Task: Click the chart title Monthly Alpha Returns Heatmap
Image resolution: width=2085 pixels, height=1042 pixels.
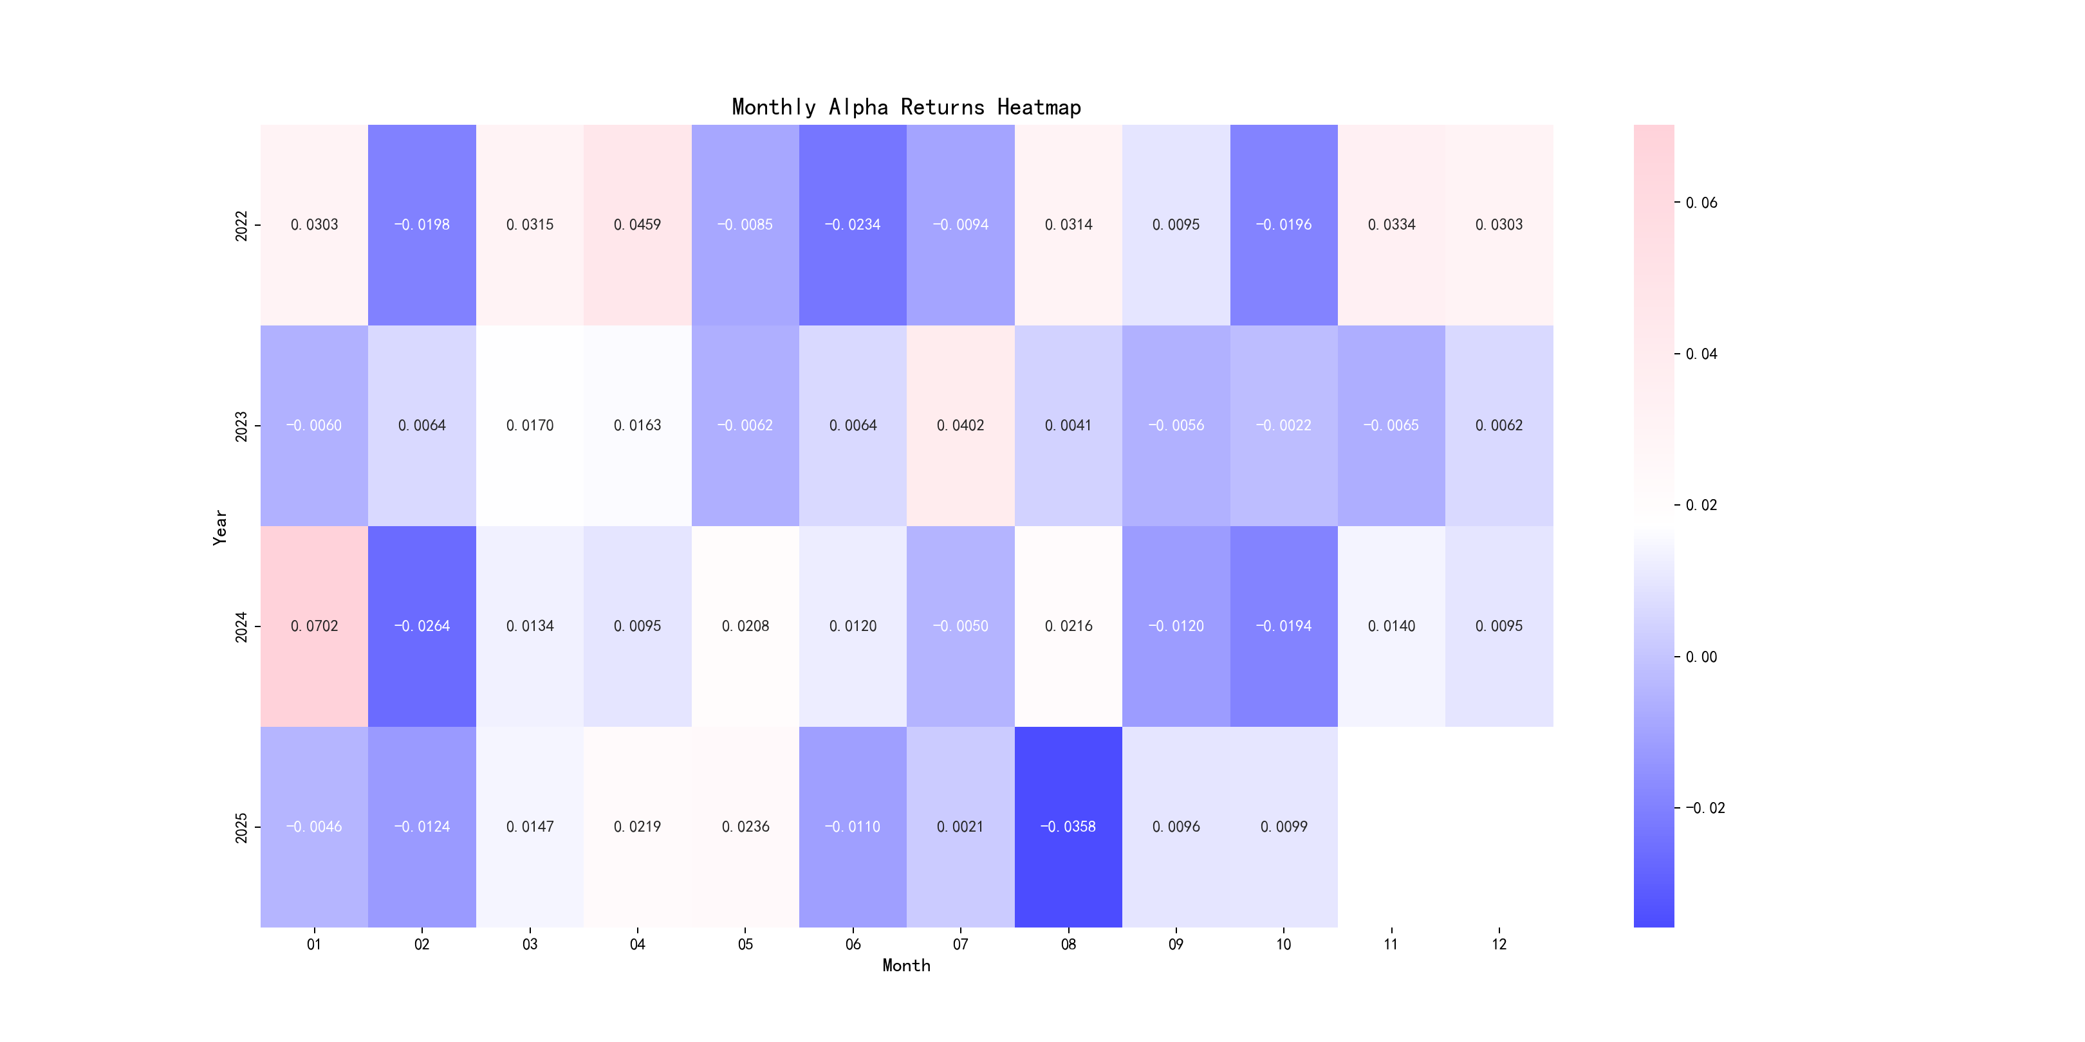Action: pos(905,107)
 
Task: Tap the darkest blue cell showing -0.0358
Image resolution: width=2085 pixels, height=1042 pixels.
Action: pos(1068,827)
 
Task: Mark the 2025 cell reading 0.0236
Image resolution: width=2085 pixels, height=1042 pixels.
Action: pos(745,827)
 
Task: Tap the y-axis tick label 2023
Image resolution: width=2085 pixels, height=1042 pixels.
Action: pos(241,426)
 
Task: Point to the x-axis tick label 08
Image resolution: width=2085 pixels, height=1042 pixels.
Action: pos(1068,944)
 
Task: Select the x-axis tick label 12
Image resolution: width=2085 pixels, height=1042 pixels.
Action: pos(1499,944)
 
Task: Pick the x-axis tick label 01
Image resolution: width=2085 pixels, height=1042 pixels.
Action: pos(314,944)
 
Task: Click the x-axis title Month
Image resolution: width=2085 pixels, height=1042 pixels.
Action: pos(905,965)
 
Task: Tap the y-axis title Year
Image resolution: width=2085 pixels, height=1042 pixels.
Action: pos(219,527)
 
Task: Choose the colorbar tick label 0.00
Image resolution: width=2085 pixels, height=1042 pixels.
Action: pos(1701,657)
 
